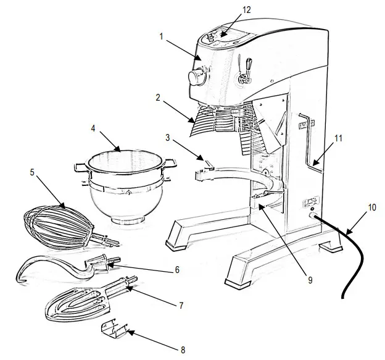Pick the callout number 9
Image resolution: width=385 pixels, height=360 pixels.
[310, 279]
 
